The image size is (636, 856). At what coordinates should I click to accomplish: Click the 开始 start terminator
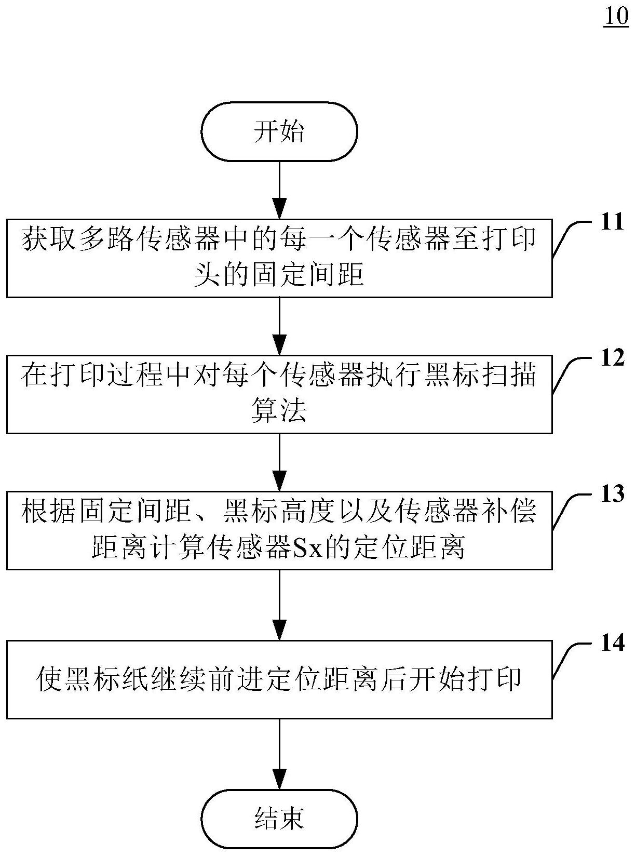279,131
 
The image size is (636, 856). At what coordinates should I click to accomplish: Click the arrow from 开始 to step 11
279,190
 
